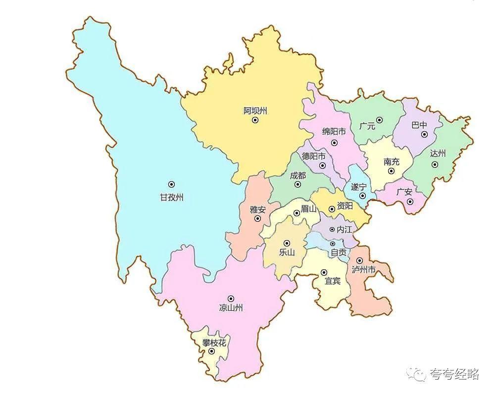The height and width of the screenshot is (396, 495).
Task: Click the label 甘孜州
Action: (171, 197)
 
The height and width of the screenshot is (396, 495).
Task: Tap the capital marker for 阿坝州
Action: (255, 120)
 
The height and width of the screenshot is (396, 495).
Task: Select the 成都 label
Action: (297, 175)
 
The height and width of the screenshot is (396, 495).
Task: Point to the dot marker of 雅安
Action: (257, 218)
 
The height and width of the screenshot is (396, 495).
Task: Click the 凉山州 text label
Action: (231, 307)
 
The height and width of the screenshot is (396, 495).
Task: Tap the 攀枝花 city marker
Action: (212, 351)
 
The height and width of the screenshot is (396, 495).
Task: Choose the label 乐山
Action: (287, 251)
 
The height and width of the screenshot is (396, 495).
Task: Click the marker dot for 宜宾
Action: (324, 272)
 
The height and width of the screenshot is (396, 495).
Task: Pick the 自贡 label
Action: (339, 252)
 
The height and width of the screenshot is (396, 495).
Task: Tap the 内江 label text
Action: (344, 230)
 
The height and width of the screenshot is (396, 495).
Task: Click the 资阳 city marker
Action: (332, 209)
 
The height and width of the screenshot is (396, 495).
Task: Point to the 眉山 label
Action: (308, 209)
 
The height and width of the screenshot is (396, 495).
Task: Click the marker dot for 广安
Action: (409, 202)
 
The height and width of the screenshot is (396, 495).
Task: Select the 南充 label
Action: (391, 162)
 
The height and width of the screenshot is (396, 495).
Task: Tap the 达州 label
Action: (438, 153)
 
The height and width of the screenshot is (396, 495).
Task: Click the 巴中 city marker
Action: (424, 134)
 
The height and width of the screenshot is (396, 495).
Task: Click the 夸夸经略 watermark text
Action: (454, 374)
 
